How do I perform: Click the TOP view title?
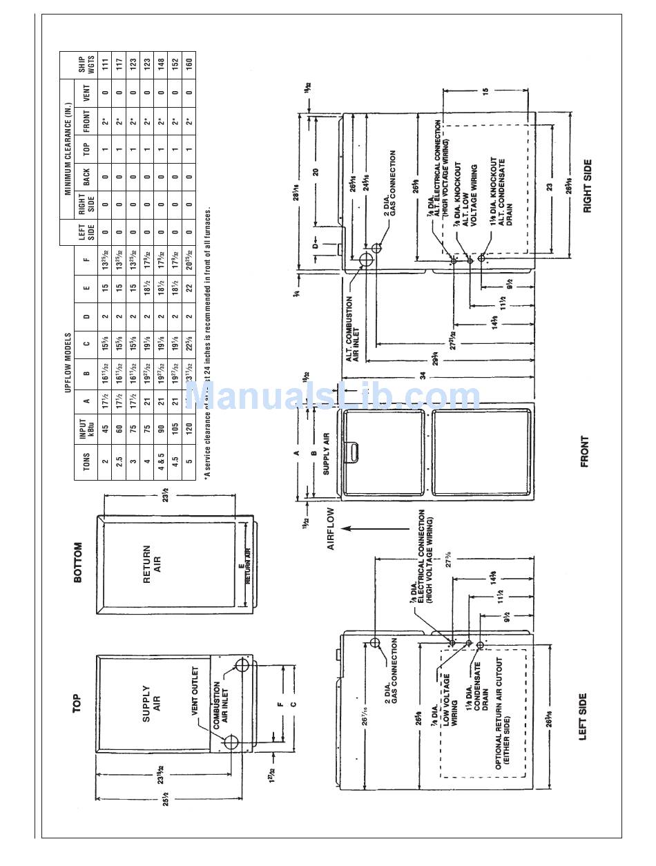coord(77,703)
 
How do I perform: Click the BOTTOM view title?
coord(77,561)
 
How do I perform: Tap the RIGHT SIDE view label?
coord(588,186)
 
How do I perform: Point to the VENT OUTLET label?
coord(195,691)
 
